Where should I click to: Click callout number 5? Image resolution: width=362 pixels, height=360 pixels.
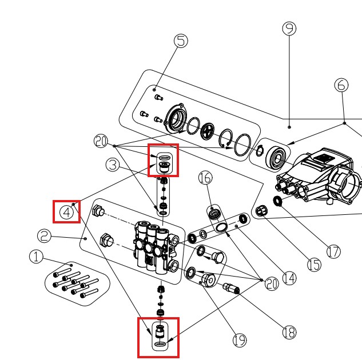tap(181, 41)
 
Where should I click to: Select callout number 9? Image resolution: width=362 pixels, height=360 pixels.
tap(289, 29)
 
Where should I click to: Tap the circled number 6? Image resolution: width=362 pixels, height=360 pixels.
tap(341, 85)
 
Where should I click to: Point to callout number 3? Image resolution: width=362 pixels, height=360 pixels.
tap(113, 165)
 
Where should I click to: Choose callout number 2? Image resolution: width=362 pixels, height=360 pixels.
tap(44, 235)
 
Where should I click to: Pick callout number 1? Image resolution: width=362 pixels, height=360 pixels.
tap(36, 257)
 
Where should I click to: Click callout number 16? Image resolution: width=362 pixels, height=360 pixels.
tap(205, 178)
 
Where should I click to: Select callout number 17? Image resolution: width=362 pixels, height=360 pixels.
tap(333, 251)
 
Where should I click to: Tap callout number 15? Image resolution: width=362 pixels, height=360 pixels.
tap(314, 265)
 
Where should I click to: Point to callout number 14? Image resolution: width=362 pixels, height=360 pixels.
tap(289, 278)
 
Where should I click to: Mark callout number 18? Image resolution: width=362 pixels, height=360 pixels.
tap(289, 333)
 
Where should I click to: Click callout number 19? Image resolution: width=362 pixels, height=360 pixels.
tap(240, 340)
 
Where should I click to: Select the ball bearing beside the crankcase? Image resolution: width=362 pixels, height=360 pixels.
tap(276, 158)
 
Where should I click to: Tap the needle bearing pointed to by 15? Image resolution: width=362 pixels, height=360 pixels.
tap(262, 210)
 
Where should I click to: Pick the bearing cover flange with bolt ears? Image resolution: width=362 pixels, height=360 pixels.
tap(174, 118)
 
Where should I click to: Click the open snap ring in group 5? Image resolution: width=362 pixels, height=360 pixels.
tap(226, 138)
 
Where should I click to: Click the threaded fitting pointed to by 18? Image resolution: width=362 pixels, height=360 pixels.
tap(231, 289)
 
